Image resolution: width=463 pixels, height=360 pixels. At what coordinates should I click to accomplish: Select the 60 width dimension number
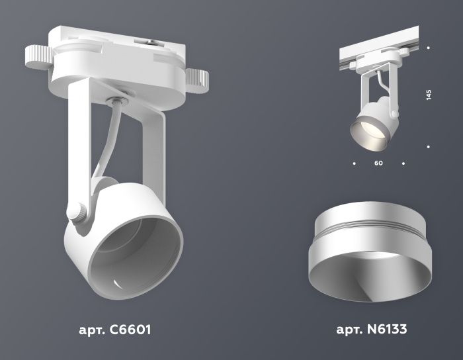(378, 162)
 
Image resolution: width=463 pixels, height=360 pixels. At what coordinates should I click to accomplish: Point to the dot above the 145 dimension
(429, 48)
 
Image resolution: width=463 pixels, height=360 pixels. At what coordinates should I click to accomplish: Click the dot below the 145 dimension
(429, 146)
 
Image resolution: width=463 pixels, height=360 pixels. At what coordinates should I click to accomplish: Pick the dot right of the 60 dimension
(403, 162)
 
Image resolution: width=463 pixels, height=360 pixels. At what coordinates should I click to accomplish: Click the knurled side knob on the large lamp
(77, 213)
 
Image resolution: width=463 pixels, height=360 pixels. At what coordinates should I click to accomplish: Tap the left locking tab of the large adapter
(38, 58)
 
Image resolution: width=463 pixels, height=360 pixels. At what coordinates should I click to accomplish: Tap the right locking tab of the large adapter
(196, 80)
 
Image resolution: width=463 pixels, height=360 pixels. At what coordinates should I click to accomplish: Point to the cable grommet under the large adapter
(116, 101)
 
